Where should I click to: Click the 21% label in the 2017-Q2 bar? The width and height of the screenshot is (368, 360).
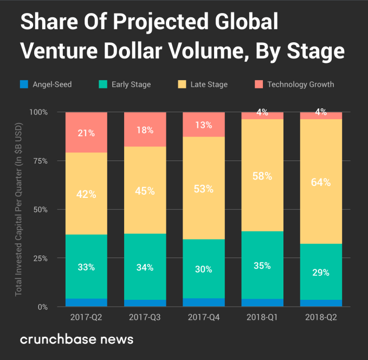click(x=86, y=133)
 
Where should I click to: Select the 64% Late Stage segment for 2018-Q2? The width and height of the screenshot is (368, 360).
click(x=321, y=182)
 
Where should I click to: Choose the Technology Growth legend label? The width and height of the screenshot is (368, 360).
click(x=300, y=84)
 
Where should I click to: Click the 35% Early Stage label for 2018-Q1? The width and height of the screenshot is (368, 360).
click(x=262, y=266)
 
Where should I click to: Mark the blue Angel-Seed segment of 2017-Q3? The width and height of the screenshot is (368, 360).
click(x=145, y=303)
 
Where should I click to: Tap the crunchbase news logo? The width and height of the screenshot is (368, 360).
click(x=76, y=339)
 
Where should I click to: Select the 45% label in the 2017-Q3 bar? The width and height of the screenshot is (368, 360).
click(x=145, y=191)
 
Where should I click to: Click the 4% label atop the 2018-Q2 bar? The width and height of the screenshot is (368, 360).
click(x=321, y=113)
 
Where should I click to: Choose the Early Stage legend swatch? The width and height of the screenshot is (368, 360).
click(x=102, y=84)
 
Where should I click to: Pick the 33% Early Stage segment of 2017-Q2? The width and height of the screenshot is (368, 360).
click(x=86, y=267)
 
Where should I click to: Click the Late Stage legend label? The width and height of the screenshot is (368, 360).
click(x=210, y=84)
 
